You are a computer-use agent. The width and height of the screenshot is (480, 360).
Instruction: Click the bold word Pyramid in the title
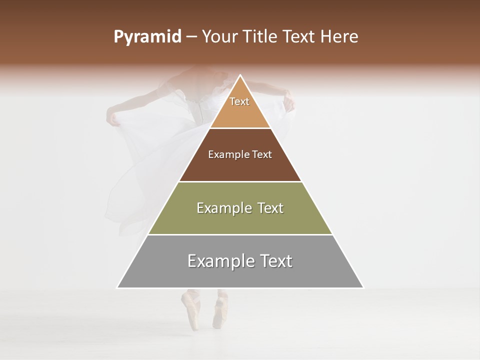(x=147, y=37)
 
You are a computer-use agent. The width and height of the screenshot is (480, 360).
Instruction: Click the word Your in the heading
(x=219, y=37)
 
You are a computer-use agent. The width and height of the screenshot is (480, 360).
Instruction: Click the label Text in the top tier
(x=239, y=101)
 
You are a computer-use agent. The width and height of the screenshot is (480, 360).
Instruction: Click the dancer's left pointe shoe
(x=190, y=310)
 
